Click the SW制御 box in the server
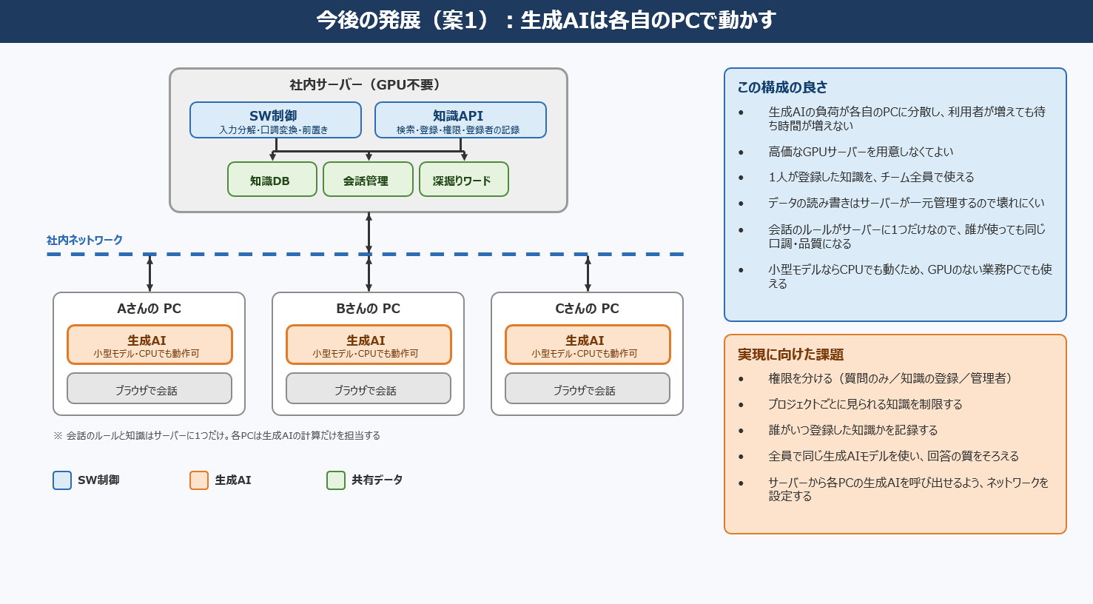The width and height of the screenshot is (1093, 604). pyautogui.click(x=276, y=120)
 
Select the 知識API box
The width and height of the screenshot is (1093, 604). pyautogui.click(x=460, y=120)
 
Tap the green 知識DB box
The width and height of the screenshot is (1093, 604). pyautogui.click(x=272, y=180)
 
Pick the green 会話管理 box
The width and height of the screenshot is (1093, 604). pyautogui.click(x=368, y=180)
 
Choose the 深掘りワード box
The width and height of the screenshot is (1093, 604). pyautogui.click(x=463, y=180)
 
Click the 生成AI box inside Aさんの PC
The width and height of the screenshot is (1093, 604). pyautogui.click(x=149, y=345)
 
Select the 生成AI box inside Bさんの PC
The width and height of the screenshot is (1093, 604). pyautogui.click(x=369, y=345)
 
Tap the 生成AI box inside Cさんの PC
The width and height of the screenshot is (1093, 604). pyautogui.click(x=588, y=345)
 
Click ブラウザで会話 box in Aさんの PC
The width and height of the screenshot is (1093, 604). pyautogui.click(x=149, y=389)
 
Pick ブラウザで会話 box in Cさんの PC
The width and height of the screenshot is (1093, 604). pyautogui.click(x=588, y=389)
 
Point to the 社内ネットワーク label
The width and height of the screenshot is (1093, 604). pyautogui.click(x=84, y=240)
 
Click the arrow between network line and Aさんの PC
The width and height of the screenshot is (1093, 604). pyautogui.click(x=149, y=273)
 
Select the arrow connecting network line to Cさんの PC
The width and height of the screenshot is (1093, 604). pyautogui.click(x=588, y=273)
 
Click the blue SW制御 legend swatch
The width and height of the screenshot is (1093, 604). pyautogui.click(x=62, y=480)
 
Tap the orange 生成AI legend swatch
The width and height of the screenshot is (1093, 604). pyautogui.click(x=199, y=480)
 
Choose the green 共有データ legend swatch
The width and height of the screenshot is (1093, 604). pyautogui.click(x=336, y=480)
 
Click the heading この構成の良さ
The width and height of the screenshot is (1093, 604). pyautogui.click(x=782, y=87)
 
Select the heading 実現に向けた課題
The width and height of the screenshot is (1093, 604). pyautogui.click(x=790, y=355)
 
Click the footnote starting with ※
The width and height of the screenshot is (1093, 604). pyautogui.click(x=217, y=436)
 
